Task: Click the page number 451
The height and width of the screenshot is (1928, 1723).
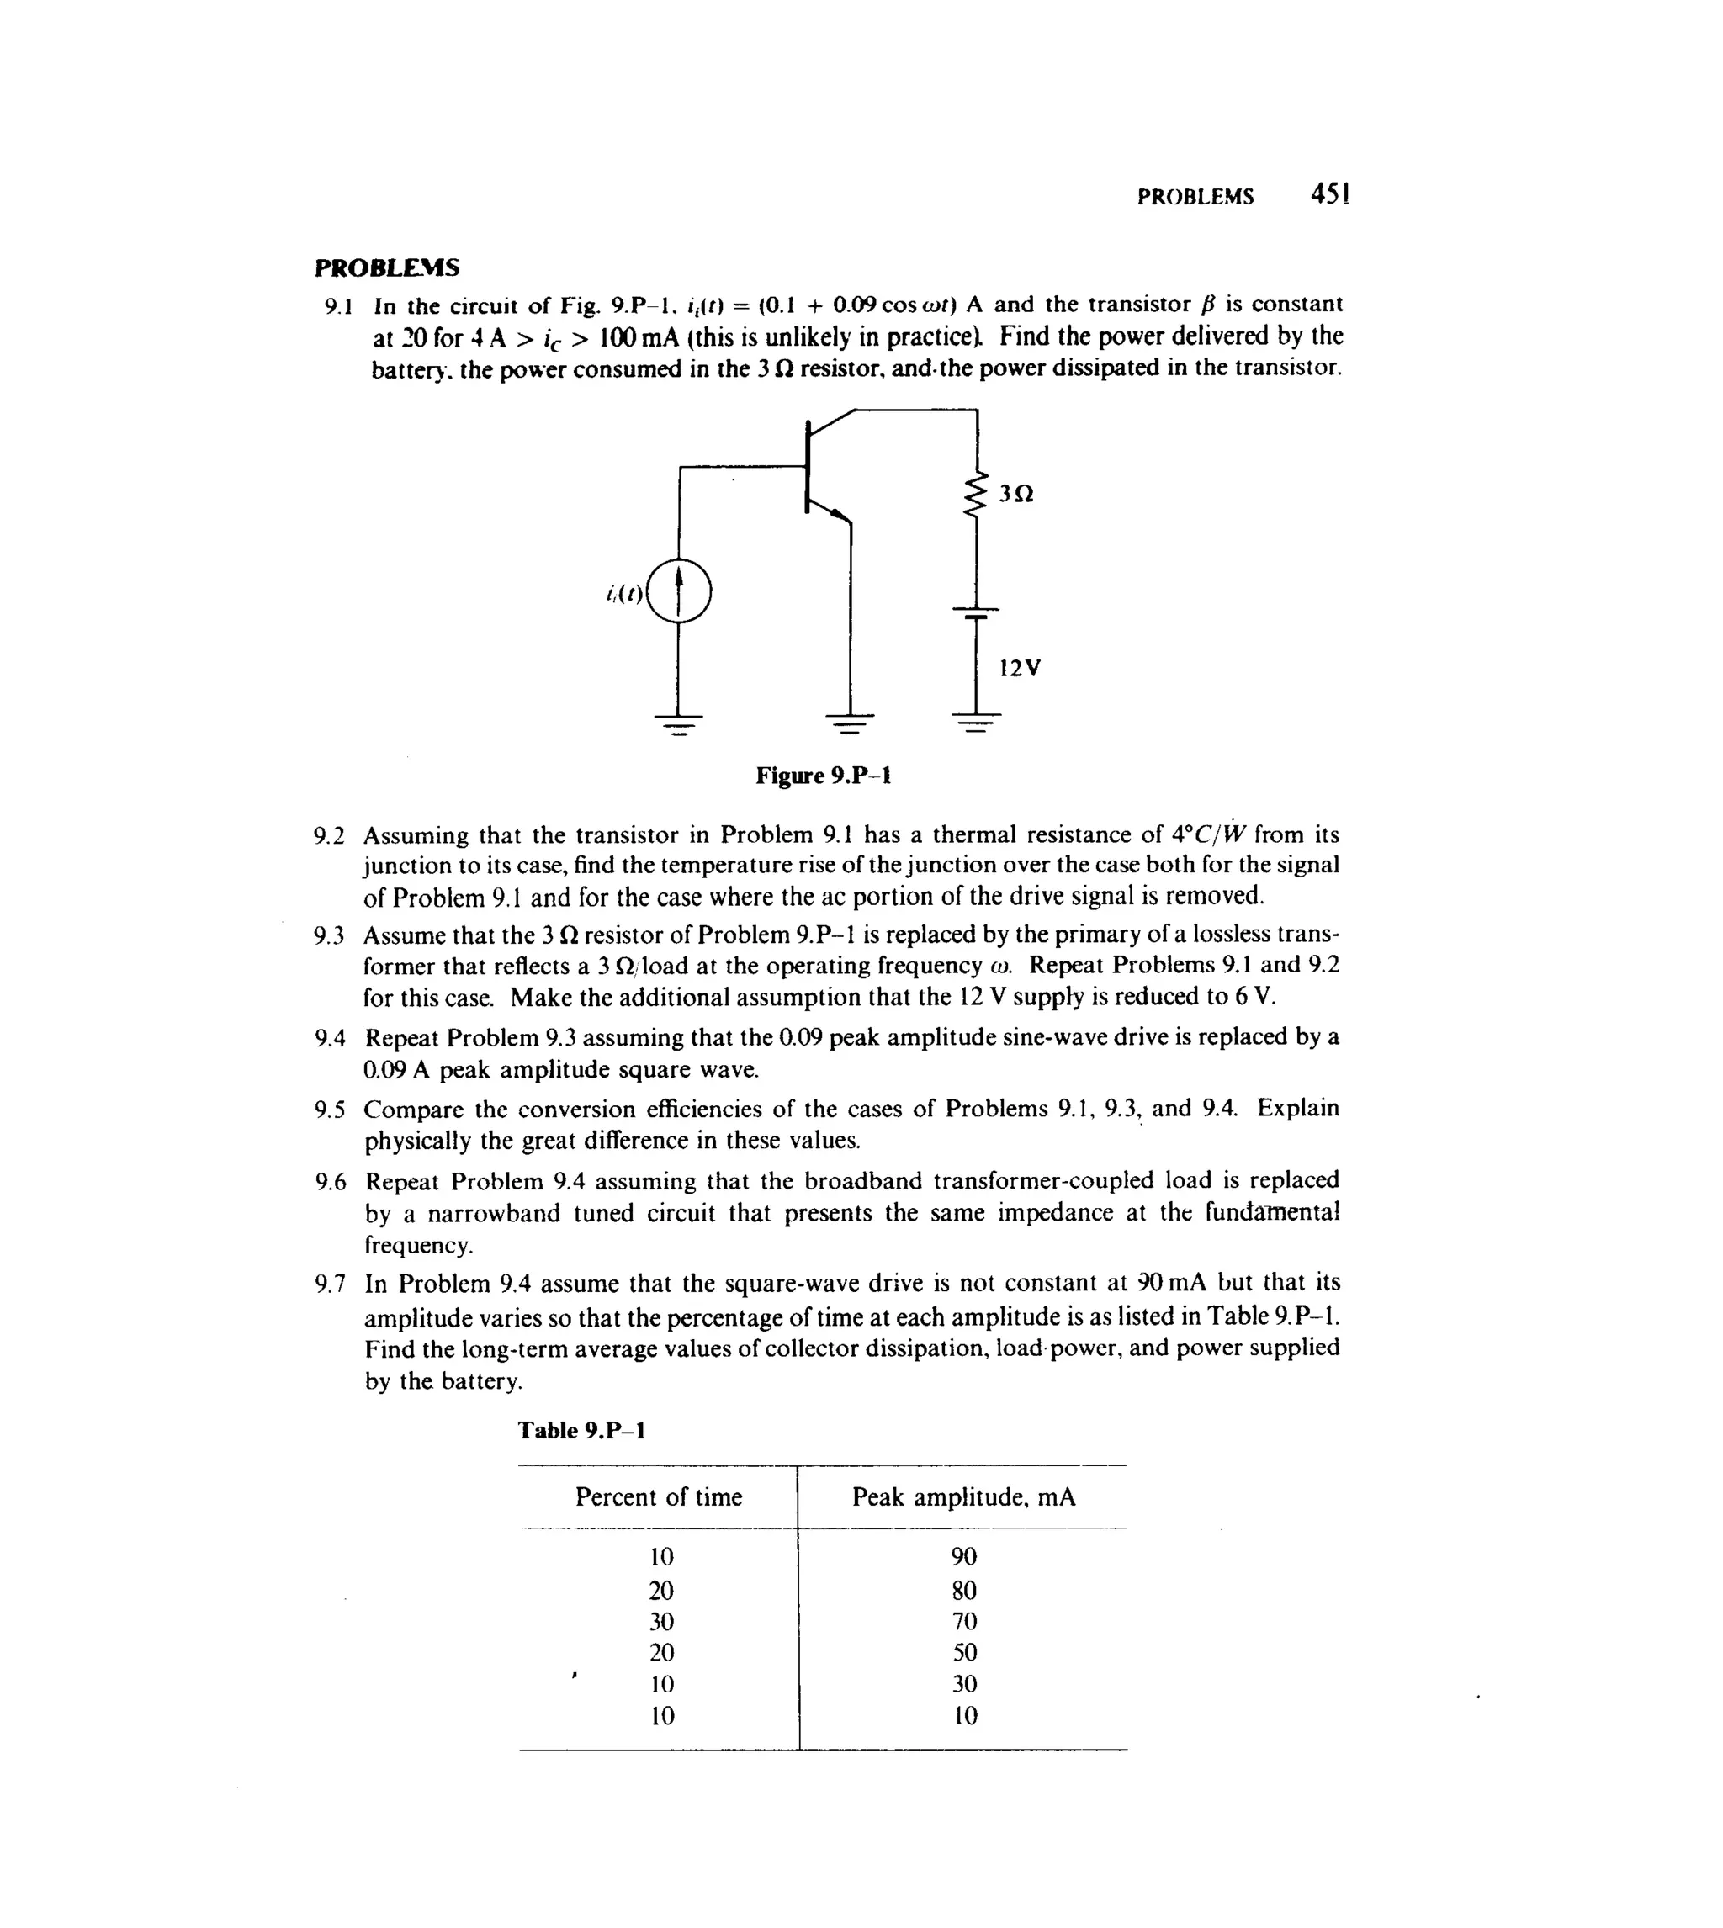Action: [1329, 194]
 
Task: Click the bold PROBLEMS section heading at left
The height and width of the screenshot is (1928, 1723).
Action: [386, 267]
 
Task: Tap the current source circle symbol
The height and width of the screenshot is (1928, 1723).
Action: [679, 591]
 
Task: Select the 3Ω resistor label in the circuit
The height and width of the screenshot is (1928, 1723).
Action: [1015, 493]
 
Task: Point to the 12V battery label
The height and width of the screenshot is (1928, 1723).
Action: [1020, 668]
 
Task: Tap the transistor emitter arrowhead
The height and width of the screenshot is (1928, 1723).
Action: [837, 514]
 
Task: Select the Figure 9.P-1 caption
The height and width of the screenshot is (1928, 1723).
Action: [823, 776]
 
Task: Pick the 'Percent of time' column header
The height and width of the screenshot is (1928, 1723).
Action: [659, 1496]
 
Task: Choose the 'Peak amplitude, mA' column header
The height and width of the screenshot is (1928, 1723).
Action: [964, 1496]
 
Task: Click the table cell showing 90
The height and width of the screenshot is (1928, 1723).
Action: [964, 1556]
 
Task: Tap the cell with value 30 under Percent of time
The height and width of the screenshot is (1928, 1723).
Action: [662, 1620]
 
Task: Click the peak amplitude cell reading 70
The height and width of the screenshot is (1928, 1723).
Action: [964, 1620]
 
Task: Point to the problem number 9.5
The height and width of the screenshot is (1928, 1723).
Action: [331, 1110]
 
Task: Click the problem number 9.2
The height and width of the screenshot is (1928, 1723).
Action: [330, 836]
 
